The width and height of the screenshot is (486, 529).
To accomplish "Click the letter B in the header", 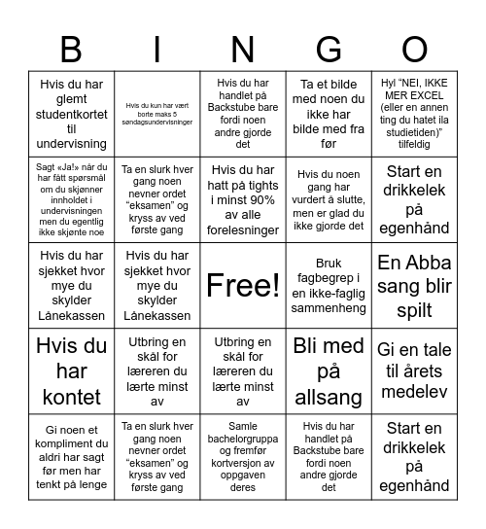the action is coord(70,49).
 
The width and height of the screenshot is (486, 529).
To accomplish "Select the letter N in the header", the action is coord(242,49).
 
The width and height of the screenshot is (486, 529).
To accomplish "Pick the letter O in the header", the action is coord(415,49).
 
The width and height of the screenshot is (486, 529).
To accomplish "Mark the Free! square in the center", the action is coord(242,285).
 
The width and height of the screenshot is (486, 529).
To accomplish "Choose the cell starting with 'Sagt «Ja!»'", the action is coord(70,199).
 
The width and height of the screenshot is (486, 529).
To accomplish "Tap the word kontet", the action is coord(70,397).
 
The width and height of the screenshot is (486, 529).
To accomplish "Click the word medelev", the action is coord(415,394).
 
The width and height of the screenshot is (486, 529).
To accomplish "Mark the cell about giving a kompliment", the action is coord(70,456).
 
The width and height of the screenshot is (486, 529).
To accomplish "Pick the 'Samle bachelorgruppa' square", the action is coord(242,456).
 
